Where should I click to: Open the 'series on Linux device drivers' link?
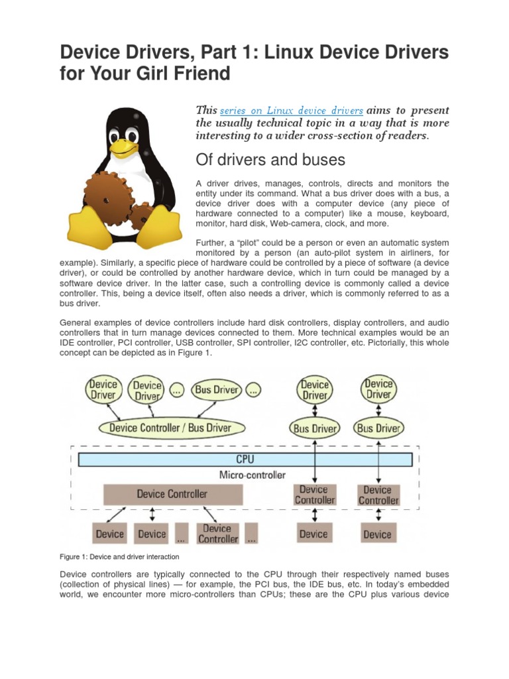[291, 111]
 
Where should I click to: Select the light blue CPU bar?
[245, 459]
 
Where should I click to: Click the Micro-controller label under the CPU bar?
[252, 475]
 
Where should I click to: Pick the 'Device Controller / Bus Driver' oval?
[170, 428]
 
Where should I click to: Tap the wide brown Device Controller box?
[172, 494]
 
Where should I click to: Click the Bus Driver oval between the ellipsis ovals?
[216, 390]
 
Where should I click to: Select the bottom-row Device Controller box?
[217, 534]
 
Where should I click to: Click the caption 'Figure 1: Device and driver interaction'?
[119, 556]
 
